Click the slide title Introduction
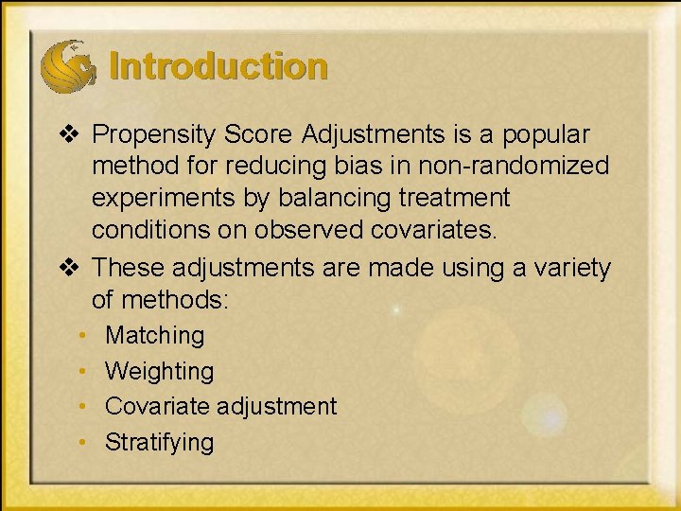[218, 67]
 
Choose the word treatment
[454, 199]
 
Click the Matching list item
[154, 335]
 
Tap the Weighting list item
[159, 371]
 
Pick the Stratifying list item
[159, 442]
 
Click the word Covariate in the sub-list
[157, 406]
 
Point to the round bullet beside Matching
[84, 336]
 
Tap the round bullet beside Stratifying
[84, 442]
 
